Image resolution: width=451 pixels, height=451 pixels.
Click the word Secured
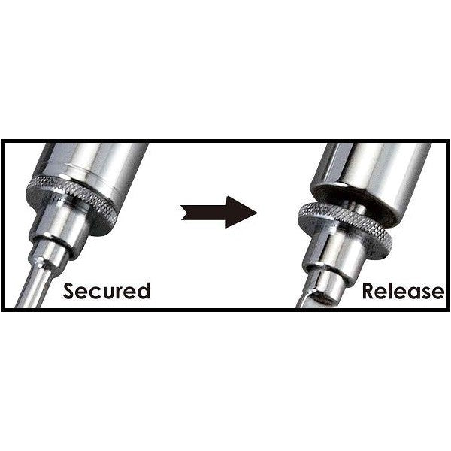(x=107, y=291)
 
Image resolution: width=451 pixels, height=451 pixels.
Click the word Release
(x=403, y=291)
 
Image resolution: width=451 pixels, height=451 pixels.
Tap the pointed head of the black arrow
(x=257, y=213)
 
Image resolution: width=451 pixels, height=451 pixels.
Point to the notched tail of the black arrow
(x=184, y=213)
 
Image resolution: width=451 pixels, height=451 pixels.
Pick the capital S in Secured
(x=69, y=291)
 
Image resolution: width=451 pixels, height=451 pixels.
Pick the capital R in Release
(x=369, y=291)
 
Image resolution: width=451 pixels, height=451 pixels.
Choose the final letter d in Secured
(x=144, y=290)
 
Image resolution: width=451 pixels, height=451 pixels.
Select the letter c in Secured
(x=95, y=293)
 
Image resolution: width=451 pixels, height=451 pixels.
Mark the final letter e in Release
(x=437, y=293)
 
